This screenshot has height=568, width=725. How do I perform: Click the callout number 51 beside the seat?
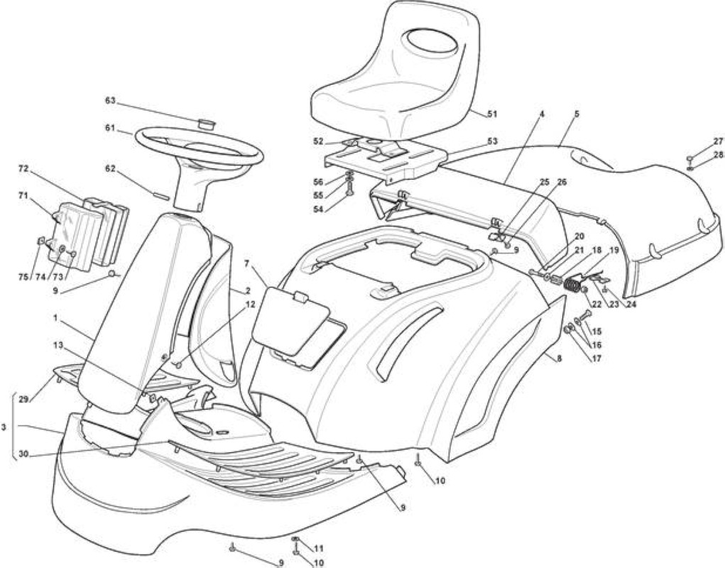point(492,114)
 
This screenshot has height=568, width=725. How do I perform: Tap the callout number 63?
point(109,101)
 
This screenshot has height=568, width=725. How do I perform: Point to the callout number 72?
point(23,169)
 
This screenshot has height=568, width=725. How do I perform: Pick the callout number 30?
point(23,454)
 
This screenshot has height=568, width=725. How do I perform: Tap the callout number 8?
point(560,358)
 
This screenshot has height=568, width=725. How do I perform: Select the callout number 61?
point(109,128)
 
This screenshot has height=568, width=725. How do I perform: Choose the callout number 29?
point(23,399)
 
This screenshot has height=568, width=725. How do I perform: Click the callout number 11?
point(319,549)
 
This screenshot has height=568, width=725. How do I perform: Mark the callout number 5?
point(577,114)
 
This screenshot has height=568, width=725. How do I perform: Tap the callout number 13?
point(59,345)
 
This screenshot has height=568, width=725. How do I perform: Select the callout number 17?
point(596,358)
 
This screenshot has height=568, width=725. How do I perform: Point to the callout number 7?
point(247,263)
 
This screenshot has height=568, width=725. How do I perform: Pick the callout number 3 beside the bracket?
point(4,427)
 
